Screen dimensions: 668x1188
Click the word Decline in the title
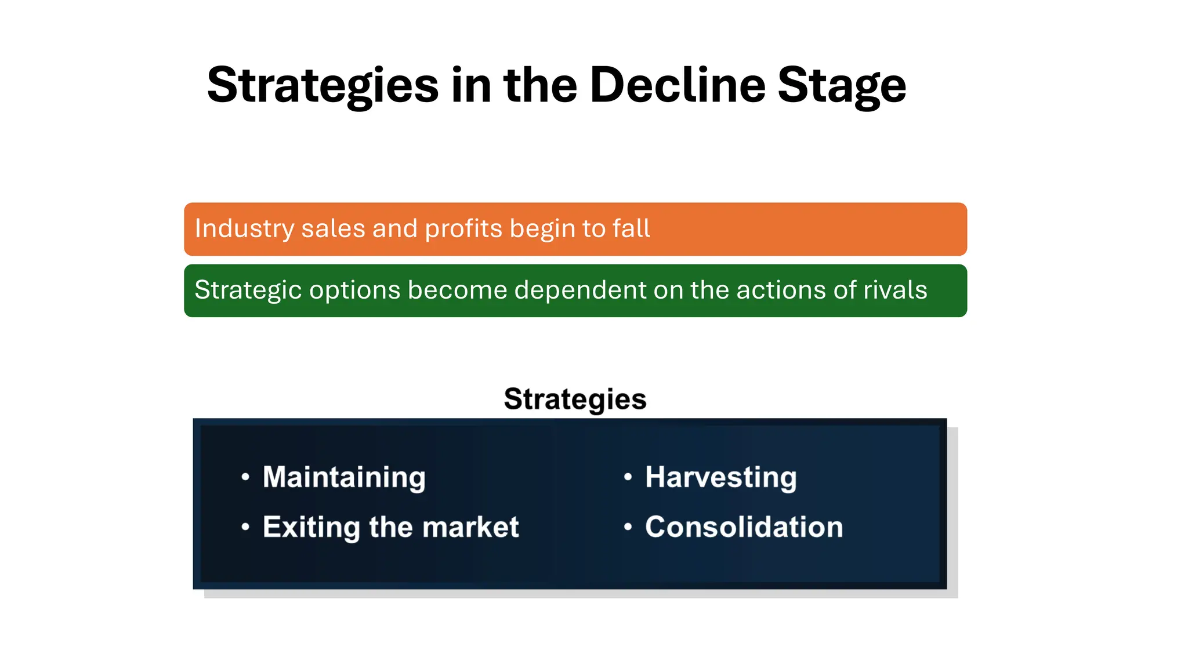click(677, 85)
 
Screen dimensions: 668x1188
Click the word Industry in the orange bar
click(244, 229)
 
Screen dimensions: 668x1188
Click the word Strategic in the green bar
click(248, 291)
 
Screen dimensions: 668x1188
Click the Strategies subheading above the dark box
click(575, 400)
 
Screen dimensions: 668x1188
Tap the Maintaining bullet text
click(344, 478)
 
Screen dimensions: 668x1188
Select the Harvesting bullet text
click(720, 478)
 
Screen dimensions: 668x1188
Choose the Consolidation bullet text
click(744, 527)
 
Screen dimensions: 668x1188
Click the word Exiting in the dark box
click(312, 528)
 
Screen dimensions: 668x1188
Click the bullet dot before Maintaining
click(245, 477)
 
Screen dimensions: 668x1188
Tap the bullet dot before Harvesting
click(628, 477)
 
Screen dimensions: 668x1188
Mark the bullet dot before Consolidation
click(628, 527)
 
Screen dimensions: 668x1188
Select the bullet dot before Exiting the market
click(245, 527)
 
